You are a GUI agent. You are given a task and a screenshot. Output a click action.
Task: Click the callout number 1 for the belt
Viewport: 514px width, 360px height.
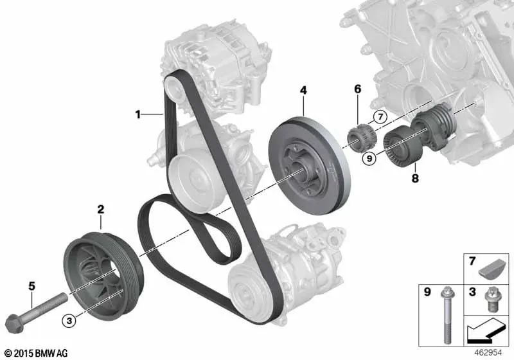click(137, 115)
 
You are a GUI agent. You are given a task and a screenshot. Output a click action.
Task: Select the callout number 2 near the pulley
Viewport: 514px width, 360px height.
click(100, 209)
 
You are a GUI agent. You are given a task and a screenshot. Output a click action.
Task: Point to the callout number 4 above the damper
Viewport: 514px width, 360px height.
click(303, 91)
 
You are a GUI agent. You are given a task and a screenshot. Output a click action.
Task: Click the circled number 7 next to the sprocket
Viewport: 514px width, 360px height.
click(380, 117)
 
